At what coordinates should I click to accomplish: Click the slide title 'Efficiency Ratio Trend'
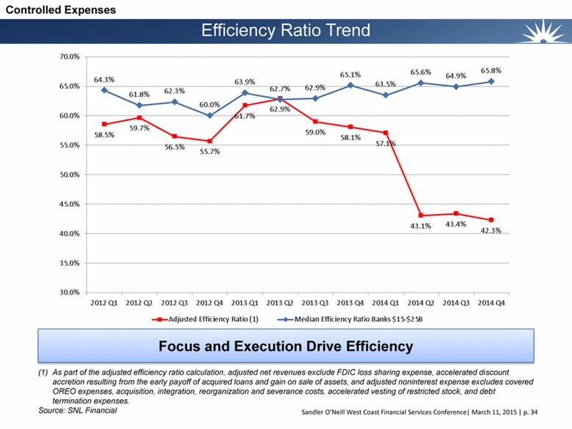(285, 31)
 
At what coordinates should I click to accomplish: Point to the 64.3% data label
(103, 79)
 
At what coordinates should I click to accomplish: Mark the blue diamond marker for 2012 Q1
(104, 90)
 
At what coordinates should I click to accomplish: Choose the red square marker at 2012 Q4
(209, 142)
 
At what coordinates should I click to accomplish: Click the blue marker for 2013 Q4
(351, 85)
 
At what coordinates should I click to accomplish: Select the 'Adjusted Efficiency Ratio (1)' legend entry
(207, 320)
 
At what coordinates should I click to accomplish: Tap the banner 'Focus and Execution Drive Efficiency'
(286, 345)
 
